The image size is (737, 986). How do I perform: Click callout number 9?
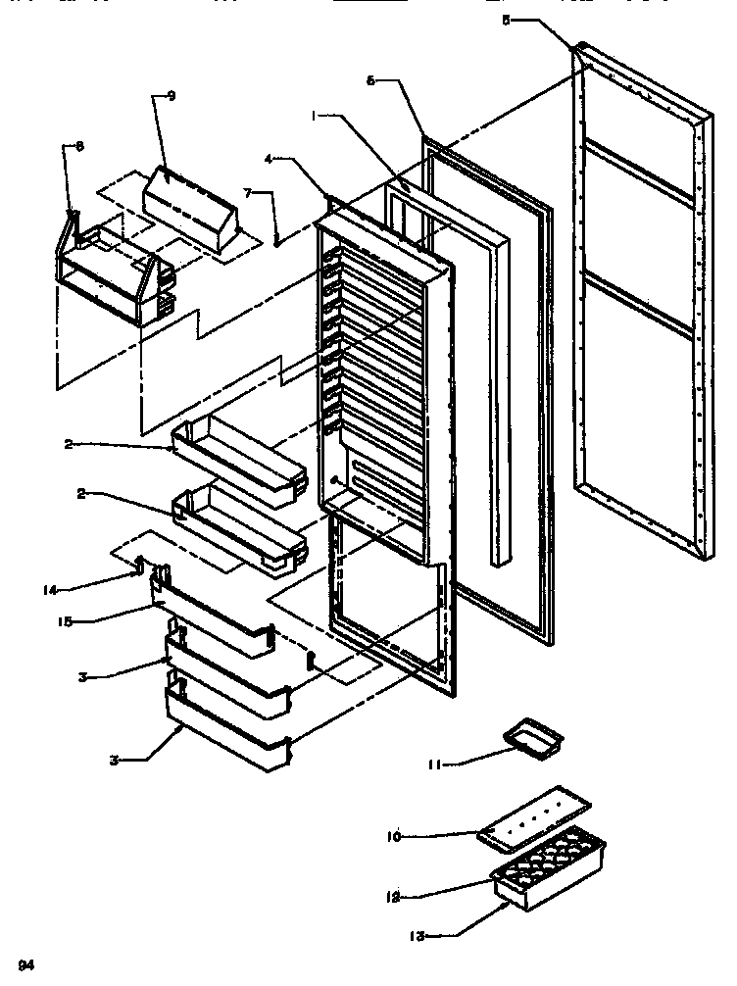coord(171,96)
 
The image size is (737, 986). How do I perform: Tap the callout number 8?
coord(79,146)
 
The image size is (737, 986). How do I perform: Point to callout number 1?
coord(314,114)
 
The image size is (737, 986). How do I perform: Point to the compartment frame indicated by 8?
coord(110,274)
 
